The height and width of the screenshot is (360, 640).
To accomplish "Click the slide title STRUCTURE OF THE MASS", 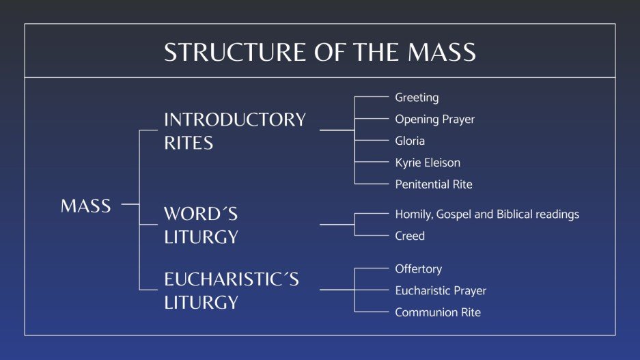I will coord(320,53).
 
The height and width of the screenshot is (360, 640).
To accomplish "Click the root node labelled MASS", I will coord(86,206).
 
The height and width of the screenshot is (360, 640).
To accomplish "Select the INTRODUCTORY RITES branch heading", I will coord(234,130).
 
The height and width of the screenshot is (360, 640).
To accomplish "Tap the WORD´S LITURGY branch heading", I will coord(201,225).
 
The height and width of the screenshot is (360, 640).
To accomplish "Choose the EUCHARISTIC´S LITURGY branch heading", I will coord(232,290).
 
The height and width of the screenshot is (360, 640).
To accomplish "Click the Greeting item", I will coord(417,98).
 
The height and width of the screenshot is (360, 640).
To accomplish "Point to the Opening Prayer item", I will coord(434,120).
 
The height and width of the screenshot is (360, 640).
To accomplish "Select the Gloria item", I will coord(410,141).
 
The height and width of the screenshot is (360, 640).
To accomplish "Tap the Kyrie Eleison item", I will coord(428,163).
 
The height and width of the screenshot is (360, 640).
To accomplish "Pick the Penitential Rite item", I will coord(434,184).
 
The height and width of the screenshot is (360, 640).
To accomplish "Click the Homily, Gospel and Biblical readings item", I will coord(487,214).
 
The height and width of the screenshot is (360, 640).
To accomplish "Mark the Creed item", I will coord(410,236).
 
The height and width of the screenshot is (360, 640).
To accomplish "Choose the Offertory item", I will coord(418,269).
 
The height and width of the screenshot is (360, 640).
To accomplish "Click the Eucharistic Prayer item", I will coord(441,291).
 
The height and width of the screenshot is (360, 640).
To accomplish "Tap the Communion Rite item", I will coord(438,312).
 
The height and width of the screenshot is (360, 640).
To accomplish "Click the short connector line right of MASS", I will coord(130,204).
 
